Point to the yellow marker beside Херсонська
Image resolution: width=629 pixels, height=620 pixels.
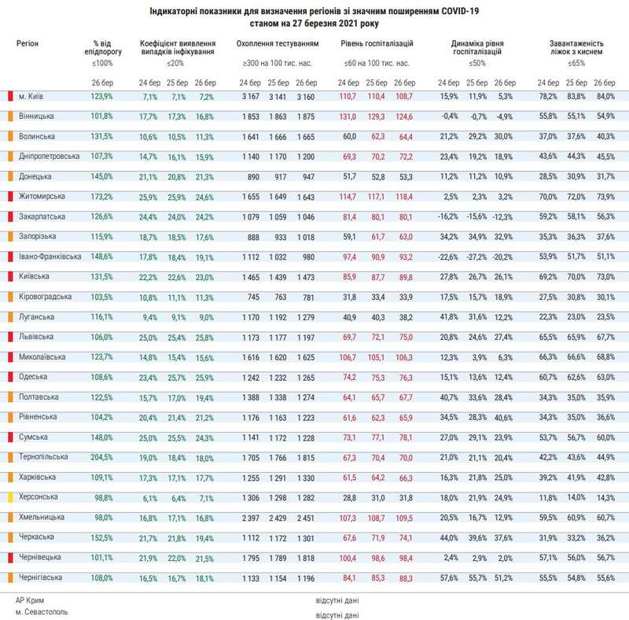tap(9, 497)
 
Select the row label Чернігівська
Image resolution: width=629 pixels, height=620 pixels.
tap(41, 578)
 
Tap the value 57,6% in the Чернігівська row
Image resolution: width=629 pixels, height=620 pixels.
tap(447, 578)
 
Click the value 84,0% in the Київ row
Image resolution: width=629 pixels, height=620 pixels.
tap(604, 96)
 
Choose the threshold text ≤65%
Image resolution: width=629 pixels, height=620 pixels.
tap(576, 62)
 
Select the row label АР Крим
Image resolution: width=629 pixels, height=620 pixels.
tap(29, 600)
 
